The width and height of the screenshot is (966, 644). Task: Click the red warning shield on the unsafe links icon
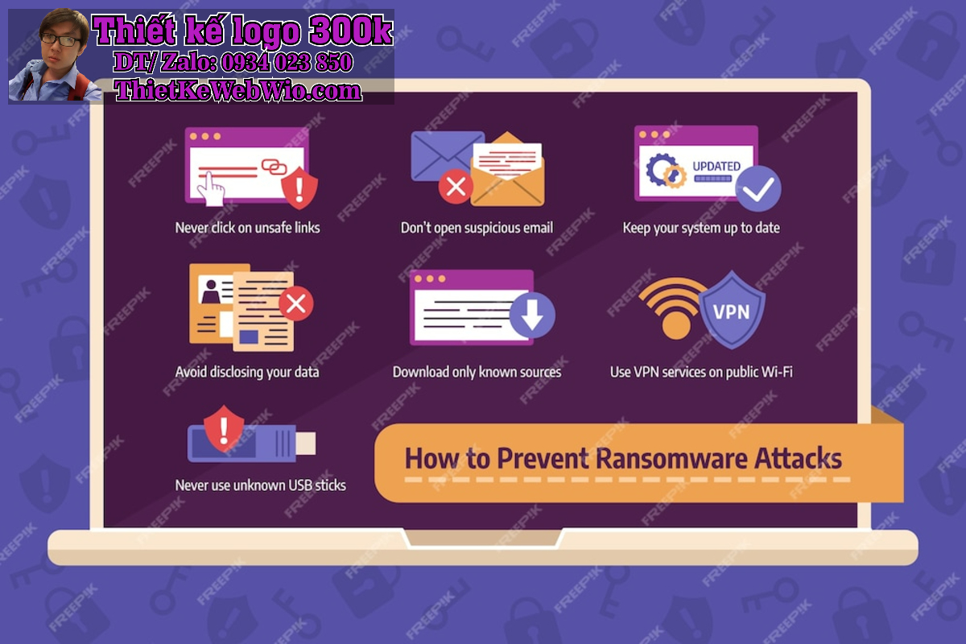tap(299, 188)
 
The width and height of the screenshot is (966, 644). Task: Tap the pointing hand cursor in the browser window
tap(211, 189)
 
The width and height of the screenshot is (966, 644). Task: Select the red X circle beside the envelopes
tap(456, 187)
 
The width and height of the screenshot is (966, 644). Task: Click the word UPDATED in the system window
tap(716, 166)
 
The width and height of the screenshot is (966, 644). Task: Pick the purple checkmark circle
tap(758, 189)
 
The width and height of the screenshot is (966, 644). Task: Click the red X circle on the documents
tap(296, 303)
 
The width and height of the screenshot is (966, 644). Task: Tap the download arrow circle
tap(532, 315)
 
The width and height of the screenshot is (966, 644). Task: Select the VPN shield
tap(732, 310)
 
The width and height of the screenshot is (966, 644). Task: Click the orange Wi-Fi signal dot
tap(676, 324)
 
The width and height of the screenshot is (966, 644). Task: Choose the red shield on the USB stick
tap(224, 429)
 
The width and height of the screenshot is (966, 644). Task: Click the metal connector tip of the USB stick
tap(306, 444)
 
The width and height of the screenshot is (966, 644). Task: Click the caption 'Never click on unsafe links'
tap(248, 228)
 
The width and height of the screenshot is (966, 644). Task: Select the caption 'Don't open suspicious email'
tap(477, 228)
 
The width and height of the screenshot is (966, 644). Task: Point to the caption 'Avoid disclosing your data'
tap(247, 372)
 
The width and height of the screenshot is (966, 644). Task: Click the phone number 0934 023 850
tap(287, 62)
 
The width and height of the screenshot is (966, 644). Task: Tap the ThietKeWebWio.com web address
tap(238, 91)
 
